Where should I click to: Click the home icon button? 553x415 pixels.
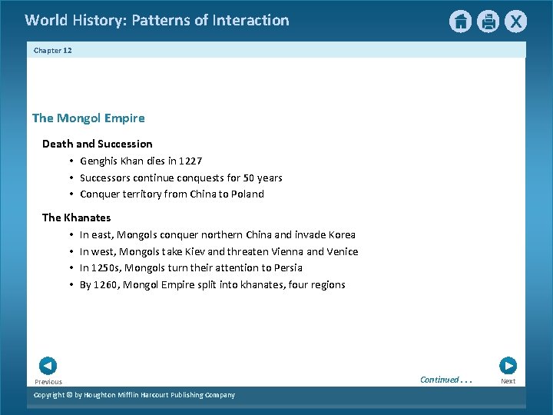(460, 22)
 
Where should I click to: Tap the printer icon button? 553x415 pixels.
(488, 22)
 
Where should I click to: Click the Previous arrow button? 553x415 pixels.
(48, 366)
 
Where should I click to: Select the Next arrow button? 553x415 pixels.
(508, 366)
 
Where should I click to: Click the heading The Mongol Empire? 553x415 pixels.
(88, 118)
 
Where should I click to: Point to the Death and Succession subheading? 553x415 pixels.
(97, 144)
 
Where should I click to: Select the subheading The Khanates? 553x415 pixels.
(76, 217)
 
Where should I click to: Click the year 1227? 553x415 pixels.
(190, 161)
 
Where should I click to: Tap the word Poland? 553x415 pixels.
(247, 194)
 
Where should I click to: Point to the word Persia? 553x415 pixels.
(288, 268)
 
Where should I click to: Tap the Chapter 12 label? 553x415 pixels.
(53, 51)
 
